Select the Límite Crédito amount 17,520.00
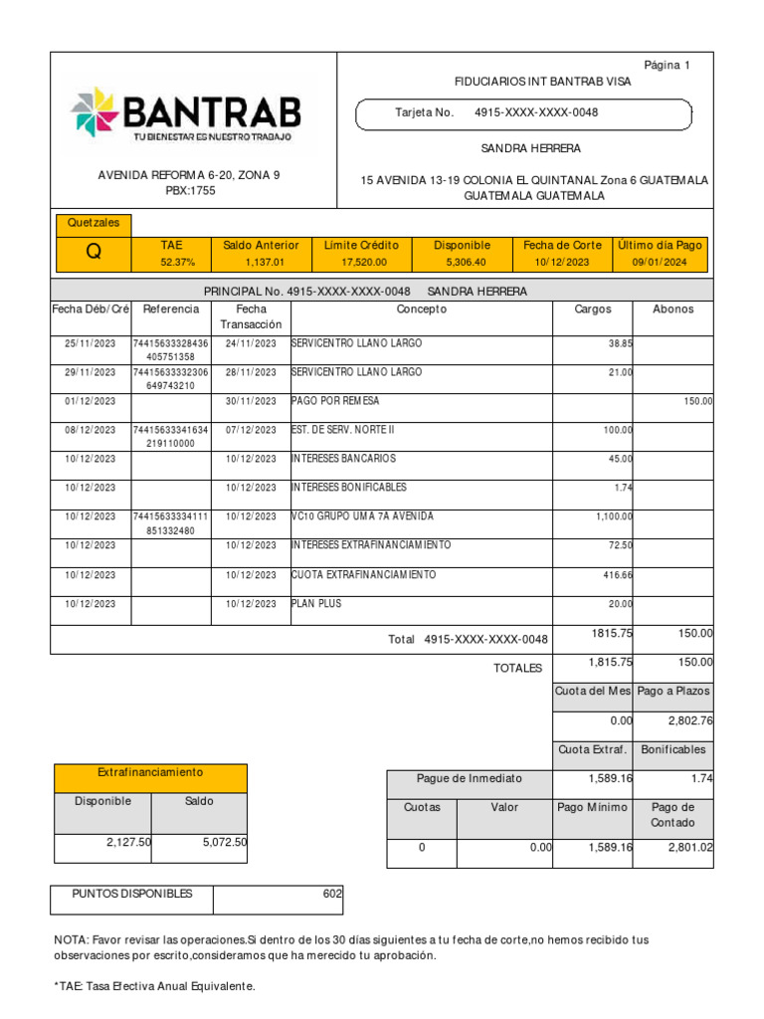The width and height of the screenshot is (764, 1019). tap(361, 263)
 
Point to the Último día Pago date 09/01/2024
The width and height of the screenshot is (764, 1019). tap(660, 263)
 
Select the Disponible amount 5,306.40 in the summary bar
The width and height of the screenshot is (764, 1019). tap(462, 263)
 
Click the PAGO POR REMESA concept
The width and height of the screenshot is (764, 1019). tap(335, 401)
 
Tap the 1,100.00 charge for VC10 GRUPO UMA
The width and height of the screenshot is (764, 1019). tap(614, 517)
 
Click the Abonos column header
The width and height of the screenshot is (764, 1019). tap(672, 309)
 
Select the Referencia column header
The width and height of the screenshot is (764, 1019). tap(171, 309)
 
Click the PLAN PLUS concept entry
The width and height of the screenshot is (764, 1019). tap(315, 604)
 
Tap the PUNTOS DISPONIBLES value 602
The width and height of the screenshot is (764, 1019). tap(332, 894)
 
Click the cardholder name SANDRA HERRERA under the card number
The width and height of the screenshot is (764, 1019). tap(530, 148)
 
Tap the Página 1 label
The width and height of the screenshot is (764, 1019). tap(667, 66)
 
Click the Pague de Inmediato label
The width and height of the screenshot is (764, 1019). tap(469, 778)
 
